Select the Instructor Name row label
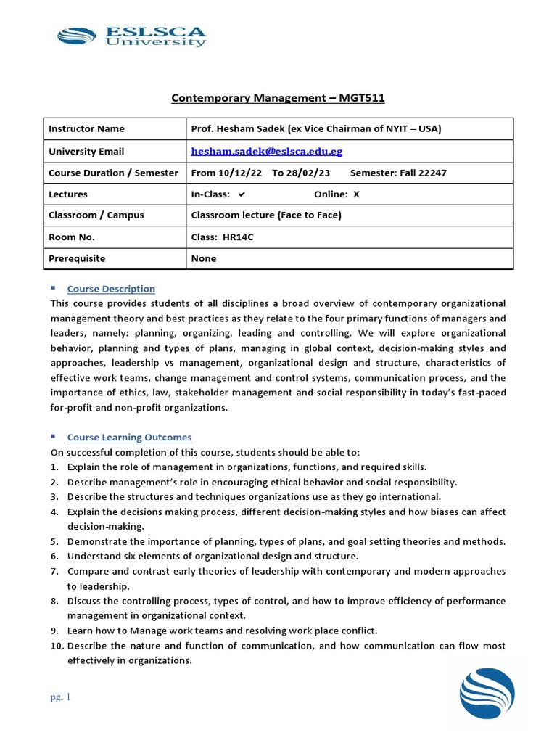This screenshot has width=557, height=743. pos(86,128)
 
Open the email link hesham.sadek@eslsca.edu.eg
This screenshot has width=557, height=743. pos(266,151)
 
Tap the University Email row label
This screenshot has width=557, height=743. pos(86,151)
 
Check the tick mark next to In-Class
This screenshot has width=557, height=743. pos(242,194)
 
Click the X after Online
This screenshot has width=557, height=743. pos(356,194)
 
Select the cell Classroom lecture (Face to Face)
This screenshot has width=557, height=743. pos(265,215)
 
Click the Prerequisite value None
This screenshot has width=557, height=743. pos(203,258)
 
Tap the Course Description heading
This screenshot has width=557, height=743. pos(111,289)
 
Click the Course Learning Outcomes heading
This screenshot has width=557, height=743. pos(129,438)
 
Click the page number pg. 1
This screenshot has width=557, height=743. pos(61,698)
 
